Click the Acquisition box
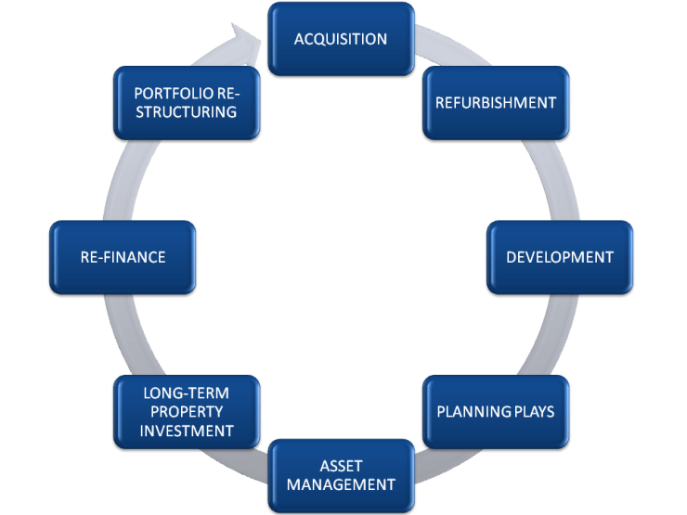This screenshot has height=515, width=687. pos(341,39)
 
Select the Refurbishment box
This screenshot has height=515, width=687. pos(496,102)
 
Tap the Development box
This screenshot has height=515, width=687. pos(560,257)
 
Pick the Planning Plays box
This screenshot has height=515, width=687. pos(496,411)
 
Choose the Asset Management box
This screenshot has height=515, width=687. pos(341,475)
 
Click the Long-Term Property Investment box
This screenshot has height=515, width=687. pos(188,411)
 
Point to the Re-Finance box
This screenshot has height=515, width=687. pos(123,257)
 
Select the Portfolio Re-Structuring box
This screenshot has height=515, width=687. pos(186,102)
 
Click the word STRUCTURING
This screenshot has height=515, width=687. pos(186,112)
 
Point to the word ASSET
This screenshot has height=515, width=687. pos(341,466)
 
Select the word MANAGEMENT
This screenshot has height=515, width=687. pos(341,484)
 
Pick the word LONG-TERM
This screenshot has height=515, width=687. pos(188,393)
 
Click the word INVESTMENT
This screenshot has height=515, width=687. pos(188,431)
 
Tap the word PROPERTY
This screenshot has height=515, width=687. pos(188,412)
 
